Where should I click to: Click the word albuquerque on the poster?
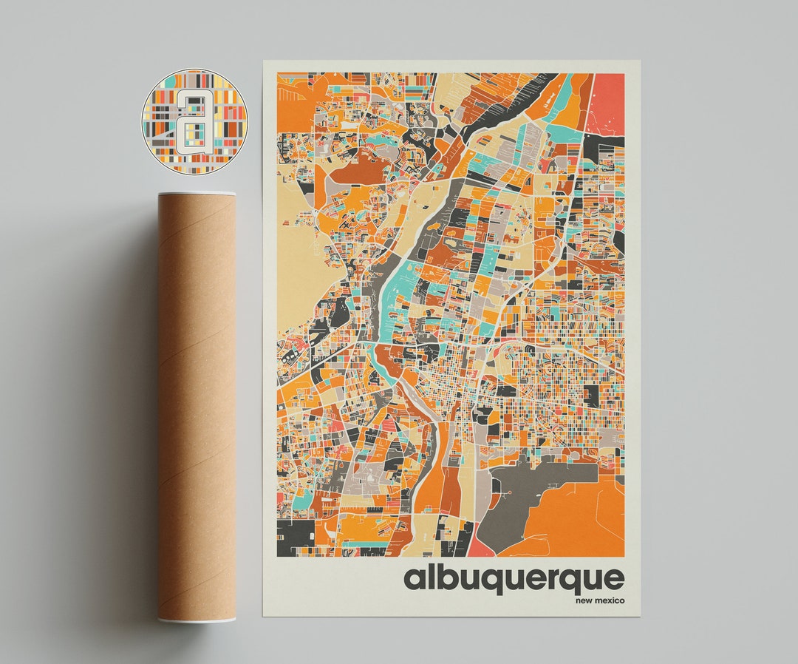pos(514,579)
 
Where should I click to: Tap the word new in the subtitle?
pos(584,600)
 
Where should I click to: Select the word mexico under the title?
pos(610,600)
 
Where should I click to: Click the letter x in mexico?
pos(610,600)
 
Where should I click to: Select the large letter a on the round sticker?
pos(194,121)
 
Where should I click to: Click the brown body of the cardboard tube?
pos(197,407)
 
